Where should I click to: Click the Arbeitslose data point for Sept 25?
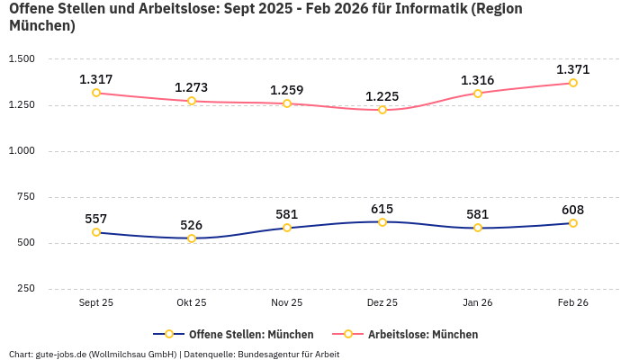pyautogui.click(x=96, y=93)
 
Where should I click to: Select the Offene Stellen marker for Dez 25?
pyautogui.click(x=382, y=222)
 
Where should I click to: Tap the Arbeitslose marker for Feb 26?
pyautogui.click(x=573, y=83)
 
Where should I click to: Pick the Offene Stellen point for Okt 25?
pyautogui.click(x=192, y=238)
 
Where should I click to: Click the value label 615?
pyautogui.click(x=382, y=209)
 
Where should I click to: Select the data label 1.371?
pyautogui.click(x=572, y=69)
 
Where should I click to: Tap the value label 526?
pyautogui.click(x=192, y=225)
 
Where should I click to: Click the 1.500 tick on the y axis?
pyautogui.click(x=22, y=59)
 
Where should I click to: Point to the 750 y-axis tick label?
pyautogui.click(x=26, y=197)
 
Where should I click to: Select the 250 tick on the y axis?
pyautogui.click(x=26, y=289)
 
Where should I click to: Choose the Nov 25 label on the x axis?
pyautogui.click(x=287, y=303)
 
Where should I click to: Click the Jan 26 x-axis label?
pyautogui.click(x=478, y=303)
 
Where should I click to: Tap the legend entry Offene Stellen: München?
pyautogui.click(x=251, y=335)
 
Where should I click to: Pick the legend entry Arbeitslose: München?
pyautogui.click(x=423, y=335)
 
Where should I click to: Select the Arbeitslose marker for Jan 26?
pyautogui.click(x=478, y=93)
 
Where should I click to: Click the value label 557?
pyautogui.click(x=96, y=219)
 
